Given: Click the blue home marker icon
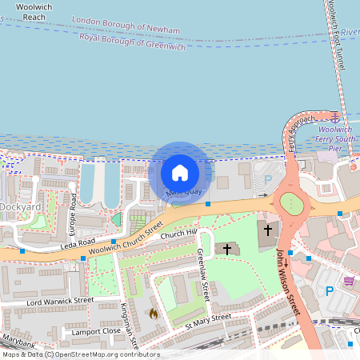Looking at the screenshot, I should (x=180, y=172).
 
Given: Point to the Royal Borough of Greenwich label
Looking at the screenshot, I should (x=132, y=42).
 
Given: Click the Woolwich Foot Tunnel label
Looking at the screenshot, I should (x=334, y=36).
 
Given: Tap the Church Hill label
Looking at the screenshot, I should (x=178, y=234).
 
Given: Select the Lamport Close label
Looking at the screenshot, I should (x=94, y=330).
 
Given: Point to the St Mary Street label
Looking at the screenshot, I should (x=208, y=321).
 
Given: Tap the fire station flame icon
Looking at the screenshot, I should (x=153, y=313).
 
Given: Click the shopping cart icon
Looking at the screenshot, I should (x=349, y=281).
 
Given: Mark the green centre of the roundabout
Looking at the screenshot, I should (x=291, y=204).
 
